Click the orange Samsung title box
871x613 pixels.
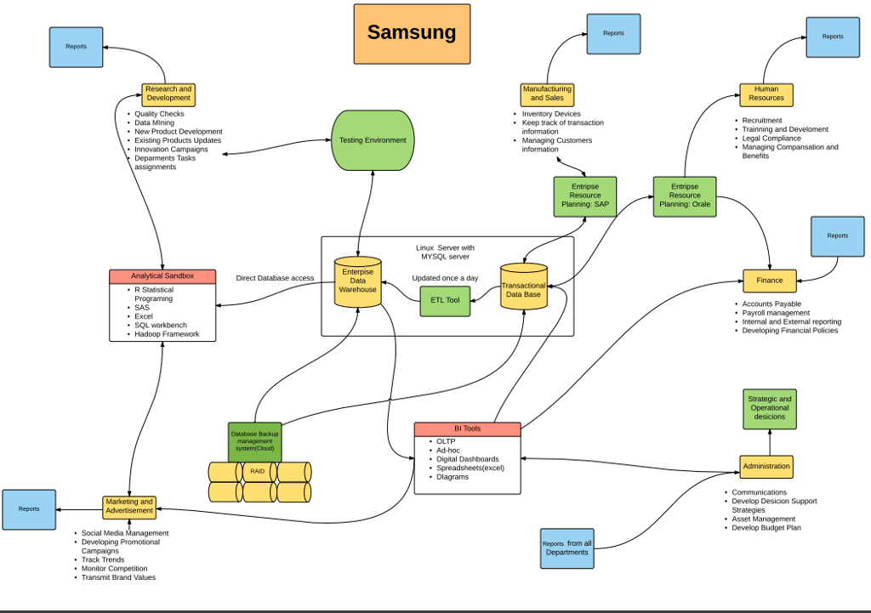(412, 34)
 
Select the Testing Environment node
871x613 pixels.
(373, 140)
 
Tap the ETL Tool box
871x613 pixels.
(445, 300)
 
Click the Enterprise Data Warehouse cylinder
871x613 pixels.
(357, 281)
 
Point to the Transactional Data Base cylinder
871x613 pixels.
(523, 290)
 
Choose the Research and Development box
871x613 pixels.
(168, 94)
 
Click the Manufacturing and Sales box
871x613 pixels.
(547, 93)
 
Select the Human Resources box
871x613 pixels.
(766, 94)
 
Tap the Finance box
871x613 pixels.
(769, 280)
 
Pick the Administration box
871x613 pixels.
(766, 466)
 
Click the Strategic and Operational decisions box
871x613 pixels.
(769, 408)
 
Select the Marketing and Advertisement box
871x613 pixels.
(129, 507)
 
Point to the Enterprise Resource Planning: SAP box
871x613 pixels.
(584, 196)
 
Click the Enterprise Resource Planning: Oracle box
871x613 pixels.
(684, 196)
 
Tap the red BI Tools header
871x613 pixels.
(467, 429)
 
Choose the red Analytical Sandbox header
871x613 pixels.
(162, 276)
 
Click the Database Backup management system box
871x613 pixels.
(254, 442)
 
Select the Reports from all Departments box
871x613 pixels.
(566, 548)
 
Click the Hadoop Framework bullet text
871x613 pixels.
(167, 334)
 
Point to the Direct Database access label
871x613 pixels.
(275, 278)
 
